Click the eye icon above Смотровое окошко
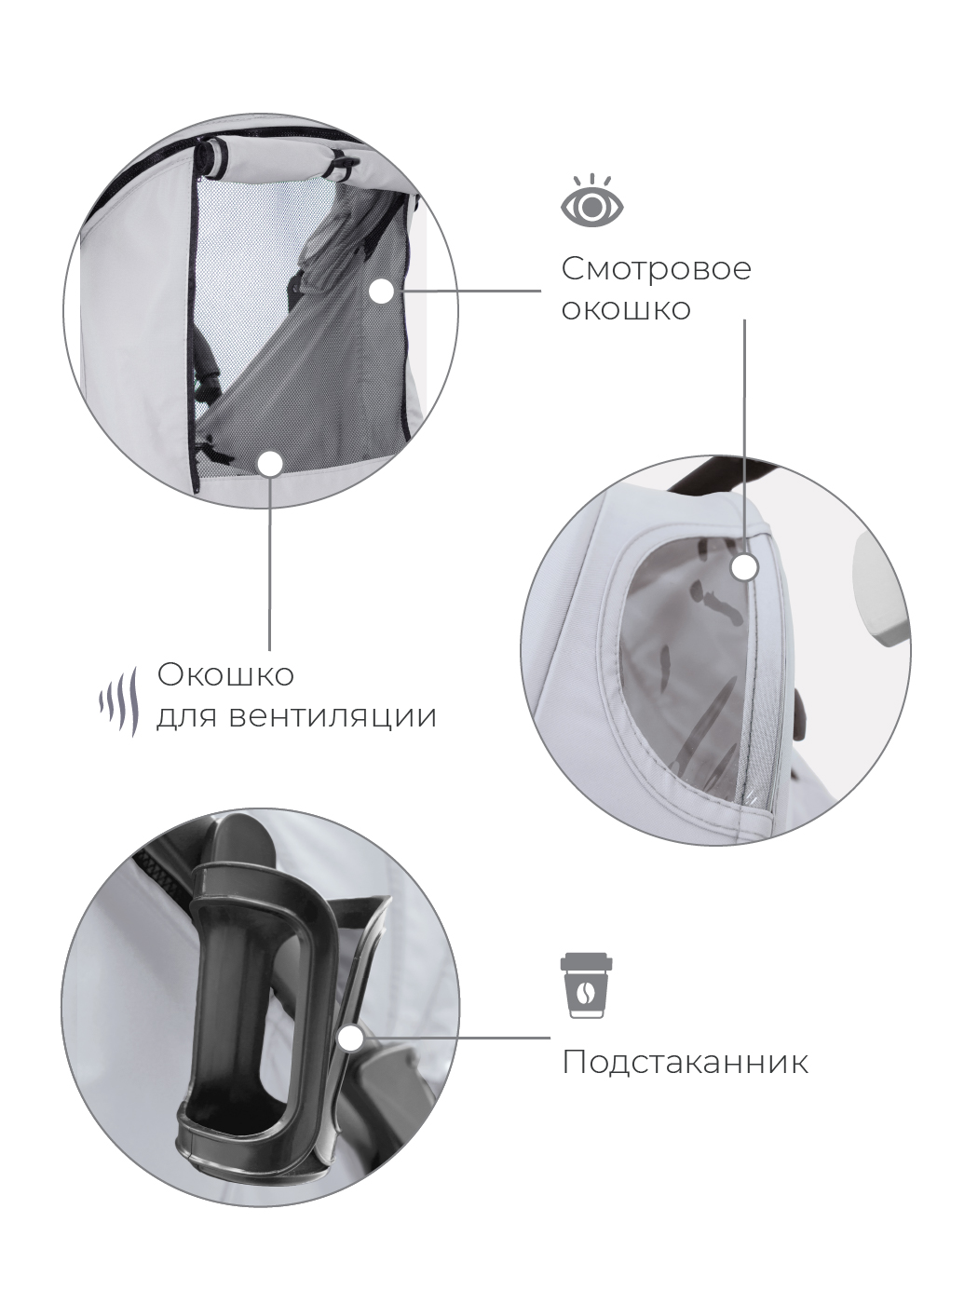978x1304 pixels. [592, 201]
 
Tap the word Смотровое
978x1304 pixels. [656, 268]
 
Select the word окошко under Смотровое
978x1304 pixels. [626, 309]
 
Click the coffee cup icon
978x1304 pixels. [587, 986]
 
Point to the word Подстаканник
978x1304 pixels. [686, 1062]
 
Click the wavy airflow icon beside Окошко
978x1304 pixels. [119, 701]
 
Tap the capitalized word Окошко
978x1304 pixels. [225, 675]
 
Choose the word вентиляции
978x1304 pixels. [333, 716]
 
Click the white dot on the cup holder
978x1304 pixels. [351, 1039]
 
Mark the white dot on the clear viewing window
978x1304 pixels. [744, 567]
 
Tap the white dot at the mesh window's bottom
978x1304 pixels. [271, 465]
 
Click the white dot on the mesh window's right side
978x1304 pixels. [383, 292]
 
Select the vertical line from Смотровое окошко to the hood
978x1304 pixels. [744, 437]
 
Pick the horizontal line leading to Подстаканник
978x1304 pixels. [456, 1039]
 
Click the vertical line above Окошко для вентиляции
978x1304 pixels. [270, 564]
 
